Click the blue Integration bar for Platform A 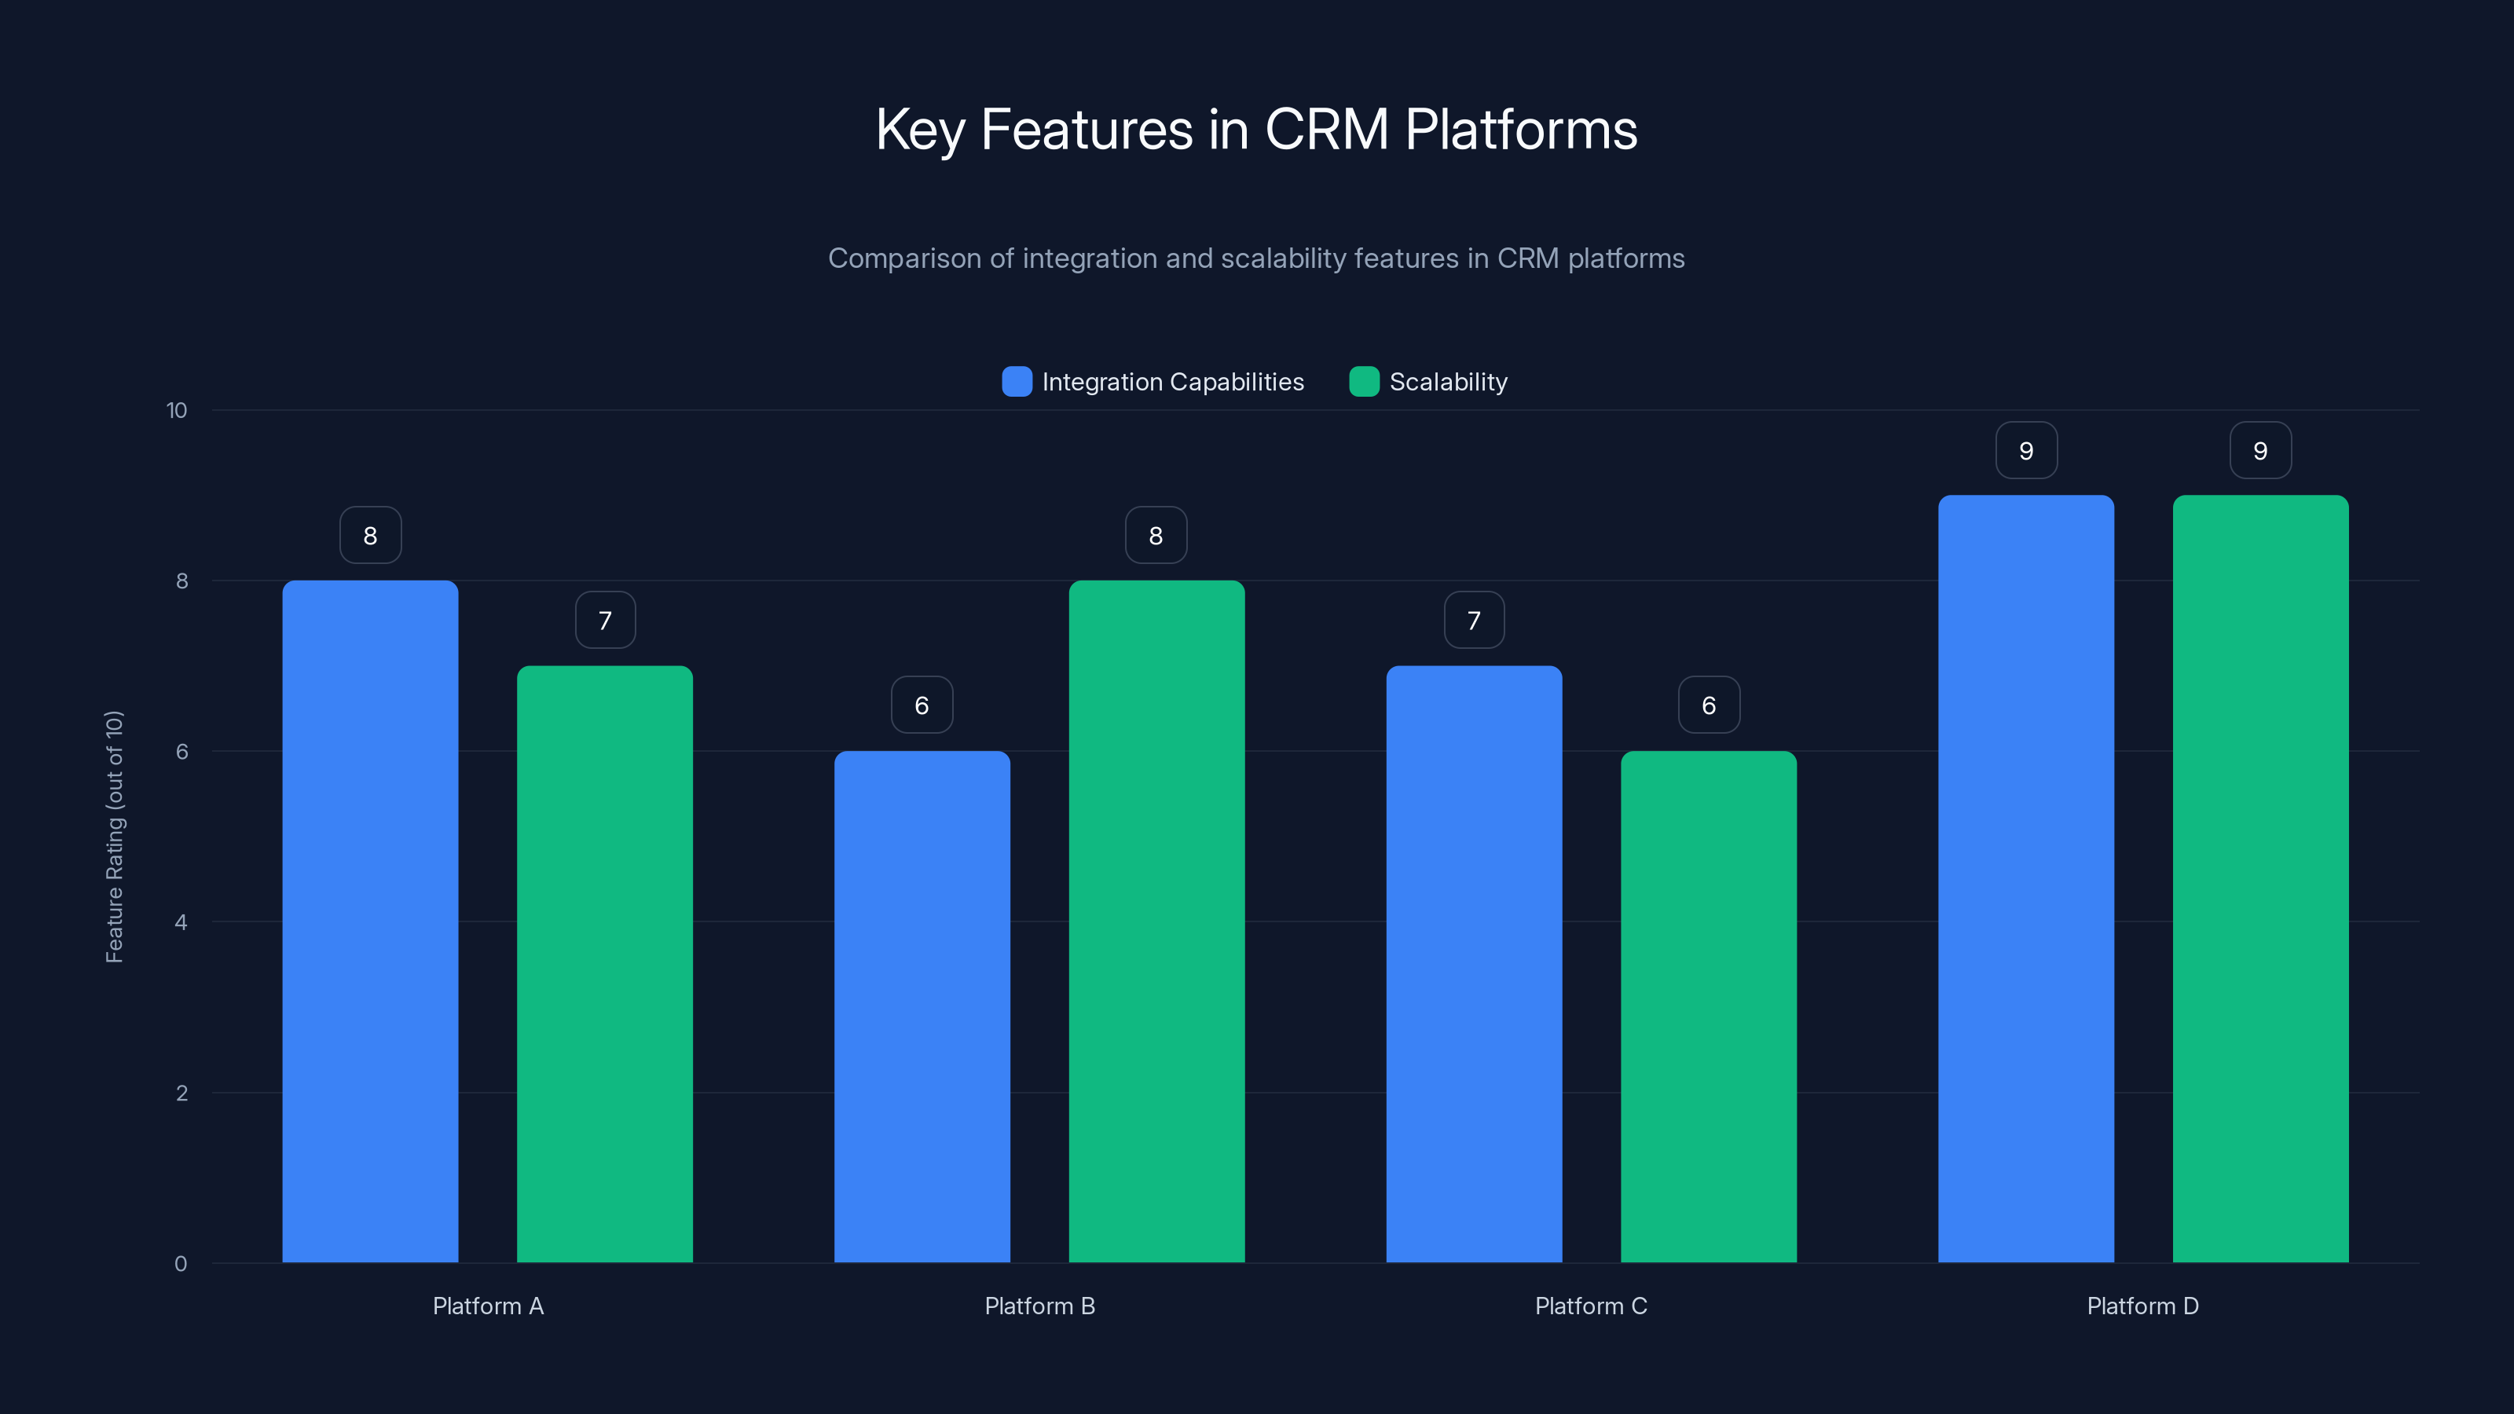370,921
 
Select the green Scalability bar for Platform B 1156,921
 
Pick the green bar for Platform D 2260,878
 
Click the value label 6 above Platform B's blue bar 922,705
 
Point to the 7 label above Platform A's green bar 605,621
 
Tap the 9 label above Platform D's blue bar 2026,451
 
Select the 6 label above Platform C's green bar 1709,705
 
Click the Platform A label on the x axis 488,1306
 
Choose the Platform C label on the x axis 1591,1306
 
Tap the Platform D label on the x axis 2142,1306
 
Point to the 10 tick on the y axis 177,411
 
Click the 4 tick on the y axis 181,922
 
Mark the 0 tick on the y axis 181,1264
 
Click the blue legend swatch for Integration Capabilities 1017,382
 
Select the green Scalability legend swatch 1363,382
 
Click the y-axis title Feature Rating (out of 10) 114,837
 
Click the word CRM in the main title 1326,130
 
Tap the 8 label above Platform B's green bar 1156,536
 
